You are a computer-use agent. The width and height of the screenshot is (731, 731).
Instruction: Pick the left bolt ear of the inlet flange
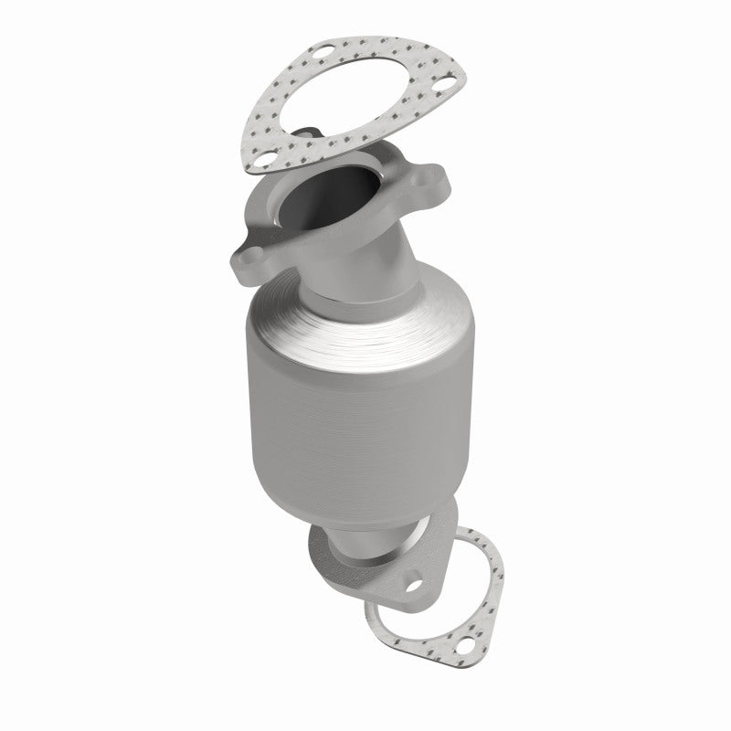[248, 254]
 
